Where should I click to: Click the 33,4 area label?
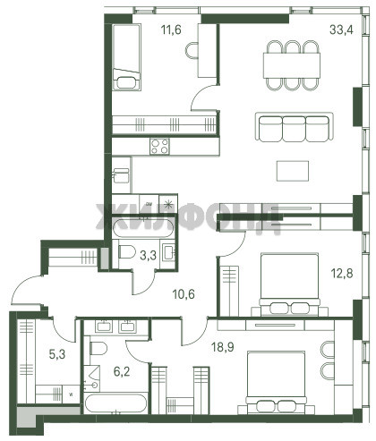(x=341, y=30)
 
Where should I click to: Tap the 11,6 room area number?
(x=171, y=30)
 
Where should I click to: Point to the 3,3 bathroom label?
(x=148, y=256)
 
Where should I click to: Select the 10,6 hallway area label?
(x=184, y=294)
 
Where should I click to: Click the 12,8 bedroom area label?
(x=342, y=273)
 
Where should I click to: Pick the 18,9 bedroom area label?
(x=222, y=347)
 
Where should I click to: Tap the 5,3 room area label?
(x=57, y=354)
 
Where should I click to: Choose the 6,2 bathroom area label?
(x=122, y=371)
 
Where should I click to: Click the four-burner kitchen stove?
(x=159, y=147)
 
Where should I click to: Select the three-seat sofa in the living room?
(x=294, y=127)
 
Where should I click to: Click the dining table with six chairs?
(x=292, y=65)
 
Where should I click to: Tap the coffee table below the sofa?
(x=293, y=171)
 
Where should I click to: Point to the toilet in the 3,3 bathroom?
(x=127, y=252)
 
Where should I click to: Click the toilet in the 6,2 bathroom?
(x=98, y=348)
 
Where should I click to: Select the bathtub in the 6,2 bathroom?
(x=115, y=403)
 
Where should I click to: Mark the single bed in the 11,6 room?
(x=126, y=57)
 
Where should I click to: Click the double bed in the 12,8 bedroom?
(x=289, y=284)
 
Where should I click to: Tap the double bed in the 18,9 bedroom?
(x=276, y=383)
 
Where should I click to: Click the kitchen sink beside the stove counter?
(x=121, y=175)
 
